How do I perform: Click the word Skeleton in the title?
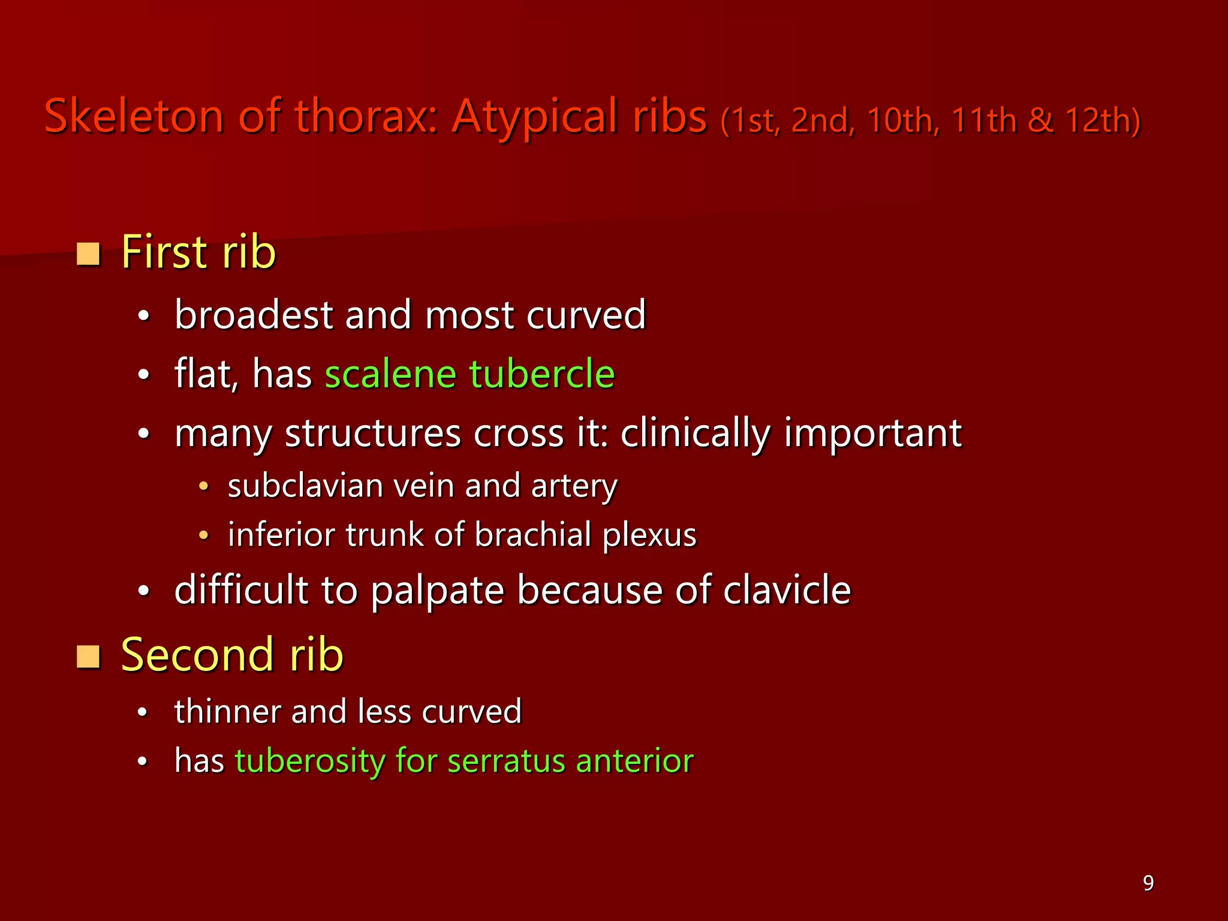point(133,116)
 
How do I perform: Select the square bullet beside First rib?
point(88,254)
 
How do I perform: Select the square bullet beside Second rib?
point(88,657)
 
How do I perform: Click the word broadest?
point(254,315)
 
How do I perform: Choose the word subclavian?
point(305,486)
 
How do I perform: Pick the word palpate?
point(437,591)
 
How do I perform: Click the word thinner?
point(227,712)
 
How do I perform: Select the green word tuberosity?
point(310,761)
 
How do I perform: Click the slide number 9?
point(1148,883)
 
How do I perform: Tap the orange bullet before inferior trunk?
point(204,535)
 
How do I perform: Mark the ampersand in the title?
point(1040,120)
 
